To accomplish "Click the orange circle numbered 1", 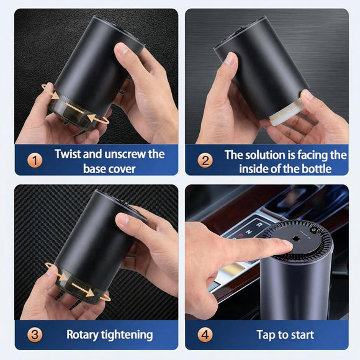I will pos(35,161).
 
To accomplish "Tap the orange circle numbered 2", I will pos(205,161).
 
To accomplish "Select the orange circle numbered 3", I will pos(35,335).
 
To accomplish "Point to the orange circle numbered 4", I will pos(205,335).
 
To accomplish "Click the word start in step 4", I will pos(301,335).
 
